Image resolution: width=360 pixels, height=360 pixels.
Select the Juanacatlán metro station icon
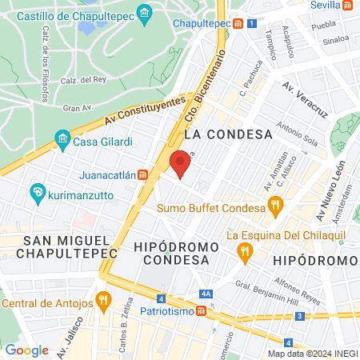coord(142,175)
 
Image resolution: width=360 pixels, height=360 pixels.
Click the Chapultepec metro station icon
coord(238,23)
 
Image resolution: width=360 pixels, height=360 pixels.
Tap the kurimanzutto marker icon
coord(37,192)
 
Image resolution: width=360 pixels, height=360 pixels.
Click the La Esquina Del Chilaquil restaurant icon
coord(246,253)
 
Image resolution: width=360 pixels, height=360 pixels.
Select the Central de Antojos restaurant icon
coord(103,301)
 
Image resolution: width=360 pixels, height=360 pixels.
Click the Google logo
coord(26,350)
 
